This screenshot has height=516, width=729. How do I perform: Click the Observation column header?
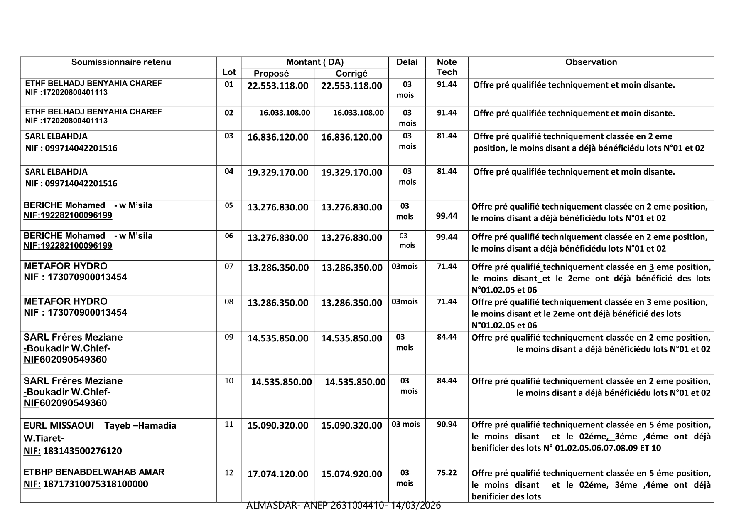pyautogui.click(x=591, y=62)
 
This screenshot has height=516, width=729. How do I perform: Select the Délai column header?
pyautogui.click(x=407, y=62)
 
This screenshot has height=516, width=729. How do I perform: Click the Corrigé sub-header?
pyautogui.click(x=351, y=74)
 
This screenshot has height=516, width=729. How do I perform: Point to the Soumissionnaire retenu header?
pyautogui.click(x=121, y=62)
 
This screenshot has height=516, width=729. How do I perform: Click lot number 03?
pyautogui.click(x=229, y=136)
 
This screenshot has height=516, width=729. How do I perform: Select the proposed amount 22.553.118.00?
pyautogui.click(x=278, y=86)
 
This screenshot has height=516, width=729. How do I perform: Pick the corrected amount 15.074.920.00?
pyautogui.click(x=351, y=474)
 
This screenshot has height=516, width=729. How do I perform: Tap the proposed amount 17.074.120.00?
pyautogui.click(x=278, y=474)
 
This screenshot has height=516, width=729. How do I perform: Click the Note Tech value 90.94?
pyautogui.click(x=447, y=424)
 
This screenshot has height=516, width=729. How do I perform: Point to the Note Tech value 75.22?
pyautogui.click(x=447, y=473)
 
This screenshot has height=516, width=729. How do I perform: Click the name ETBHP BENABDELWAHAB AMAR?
pyautogui.click(x=94, y=472)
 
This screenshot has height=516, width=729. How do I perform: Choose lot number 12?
pyautogui.click(x=229, y=473)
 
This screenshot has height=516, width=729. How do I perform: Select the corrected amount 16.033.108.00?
pyautogui.click(x=358, y=113)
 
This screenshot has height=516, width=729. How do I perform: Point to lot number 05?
pyautogui.click(x=229, y=205)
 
